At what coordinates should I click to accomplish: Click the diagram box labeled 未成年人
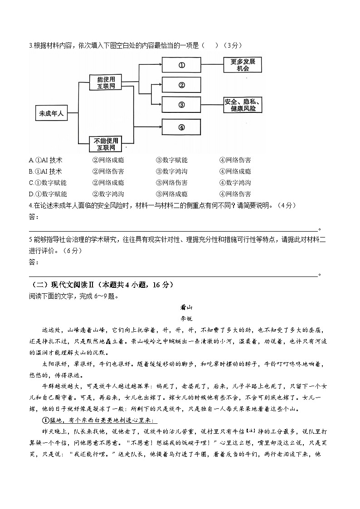(x=51, y=113)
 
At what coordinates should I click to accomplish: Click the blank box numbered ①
(x=181, y=65)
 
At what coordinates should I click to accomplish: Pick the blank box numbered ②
(x=181, y=85)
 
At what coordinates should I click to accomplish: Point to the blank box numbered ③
(x=181, y=105)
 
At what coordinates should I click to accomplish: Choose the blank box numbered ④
(x=181, y=127)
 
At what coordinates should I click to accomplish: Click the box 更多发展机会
(x=243, y=65)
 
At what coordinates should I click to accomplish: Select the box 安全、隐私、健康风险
(x=243, y=105)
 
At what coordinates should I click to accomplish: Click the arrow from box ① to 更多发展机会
(x=212, y=65)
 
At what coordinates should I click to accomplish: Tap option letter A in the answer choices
(x=31, y=160)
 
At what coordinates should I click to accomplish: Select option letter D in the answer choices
(x=31, y=194)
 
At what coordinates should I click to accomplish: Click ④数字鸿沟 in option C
(x=235, y=183)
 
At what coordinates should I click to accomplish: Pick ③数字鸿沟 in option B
(x=171, y=171)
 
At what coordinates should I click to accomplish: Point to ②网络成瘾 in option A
(x=108, y=160)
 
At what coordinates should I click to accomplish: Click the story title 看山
(x=180, y=307)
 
